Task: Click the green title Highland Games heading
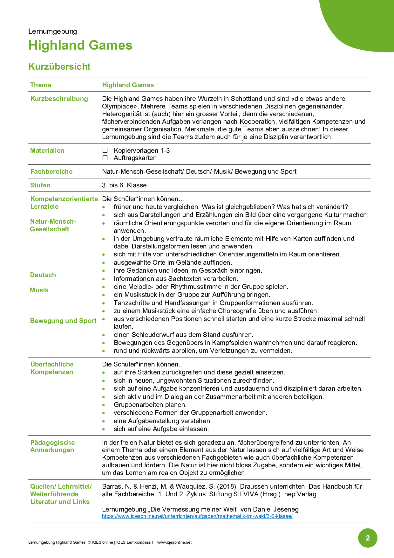coord(80,45)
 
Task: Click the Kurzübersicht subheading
coord(59,66)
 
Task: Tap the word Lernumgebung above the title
coord(52,31)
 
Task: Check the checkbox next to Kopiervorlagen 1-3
coord(105,150)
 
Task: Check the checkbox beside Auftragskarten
coord(105,158)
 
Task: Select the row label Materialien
coord(47,150)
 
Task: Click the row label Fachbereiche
coord(51,171)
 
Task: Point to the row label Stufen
coord(40,185)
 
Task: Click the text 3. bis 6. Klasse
coord(124,185)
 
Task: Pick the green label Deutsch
coord(43,275)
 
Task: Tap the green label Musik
coord(39,290)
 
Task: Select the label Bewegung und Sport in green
coord(63,321)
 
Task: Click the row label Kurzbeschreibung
coord(59,99)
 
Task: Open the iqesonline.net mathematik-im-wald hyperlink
coord(197,516)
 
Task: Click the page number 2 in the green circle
coord(368,538)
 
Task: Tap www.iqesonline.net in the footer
coord(174,542)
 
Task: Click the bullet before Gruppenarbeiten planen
coord(104,405)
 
